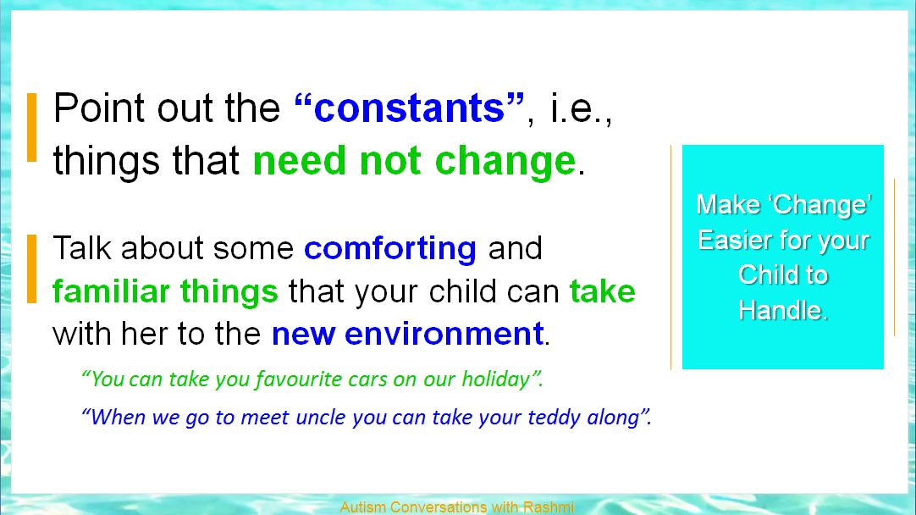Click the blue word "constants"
[409, 108]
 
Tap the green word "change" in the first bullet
[506, 162]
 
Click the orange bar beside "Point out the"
[32, 127]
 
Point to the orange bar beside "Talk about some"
[32, 269]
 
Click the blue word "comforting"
[390, 249]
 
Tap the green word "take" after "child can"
[602, 291]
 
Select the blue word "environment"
[444, 334]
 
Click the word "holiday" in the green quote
[495, 379]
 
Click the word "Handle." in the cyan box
[783, 310]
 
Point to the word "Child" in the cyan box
[760, 274]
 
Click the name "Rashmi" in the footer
[549, 507]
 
